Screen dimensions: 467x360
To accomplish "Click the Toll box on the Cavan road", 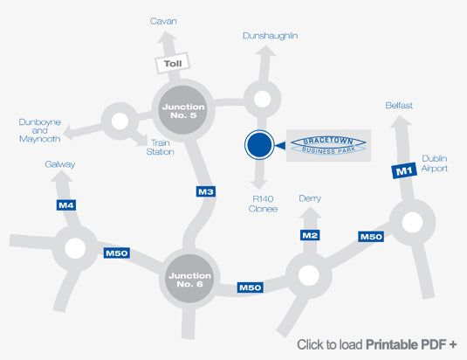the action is click(173, 63).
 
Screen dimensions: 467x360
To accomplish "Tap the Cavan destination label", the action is click(163, 21).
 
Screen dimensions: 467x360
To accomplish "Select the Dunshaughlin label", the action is click(270, 36).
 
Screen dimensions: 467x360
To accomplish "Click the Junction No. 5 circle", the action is click(183, 110).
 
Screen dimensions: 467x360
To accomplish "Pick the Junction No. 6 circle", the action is click(189, 279).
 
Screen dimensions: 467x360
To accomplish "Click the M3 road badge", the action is click(206, 191).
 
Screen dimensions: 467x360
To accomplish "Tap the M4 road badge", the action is click(66, 205).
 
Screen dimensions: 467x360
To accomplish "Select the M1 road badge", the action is click(404, 170).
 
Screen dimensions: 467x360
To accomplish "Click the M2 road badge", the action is click(310, 235).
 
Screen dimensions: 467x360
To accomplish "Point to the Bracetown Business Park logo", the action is click(328, 145).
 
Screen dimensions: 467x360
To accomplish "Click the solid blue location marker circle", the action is click(259, 145).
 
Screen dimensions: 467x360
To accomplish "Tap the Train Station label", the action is click(161, 147).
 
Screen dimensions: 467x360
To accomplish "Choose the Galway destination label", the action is click(60, 164).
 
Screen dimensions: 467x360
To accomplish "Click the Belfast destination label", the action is click(399, 105).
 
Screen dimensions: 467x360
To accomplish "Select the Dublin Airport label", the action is click(434, 163).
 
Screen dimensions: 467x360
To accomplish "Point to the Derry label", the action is click(310, 198).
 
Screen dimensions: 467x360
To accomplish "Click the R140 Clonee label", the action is click(263, 204).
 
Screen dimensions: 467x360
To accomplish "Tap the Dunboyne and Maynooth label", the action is click(39, 130).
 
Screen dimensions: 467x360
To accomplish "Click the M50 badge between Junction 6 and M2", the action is click(251, 287).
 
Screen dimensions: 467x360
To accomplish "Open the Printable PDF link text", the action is click(377, 344).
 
